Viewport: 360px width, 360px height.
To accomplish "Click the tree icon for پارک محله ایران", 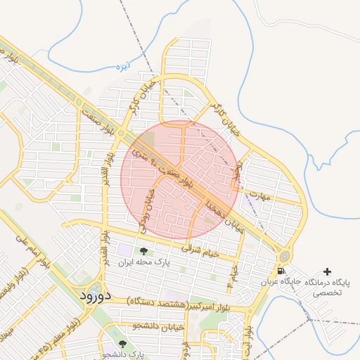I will (x=143, y=252).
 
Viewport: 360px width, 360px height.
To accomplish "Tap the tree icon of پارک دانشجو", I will (x=123, y=344).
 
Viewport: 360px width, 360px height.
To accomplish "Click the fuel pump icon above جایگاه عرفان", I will (x=281, y=271).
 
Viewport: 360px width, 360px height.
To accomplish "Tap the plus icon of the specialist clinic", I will (x=327, y=271).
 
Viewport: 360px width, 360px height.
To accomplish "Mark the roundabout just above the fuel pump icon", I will (x=284, y=256).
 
